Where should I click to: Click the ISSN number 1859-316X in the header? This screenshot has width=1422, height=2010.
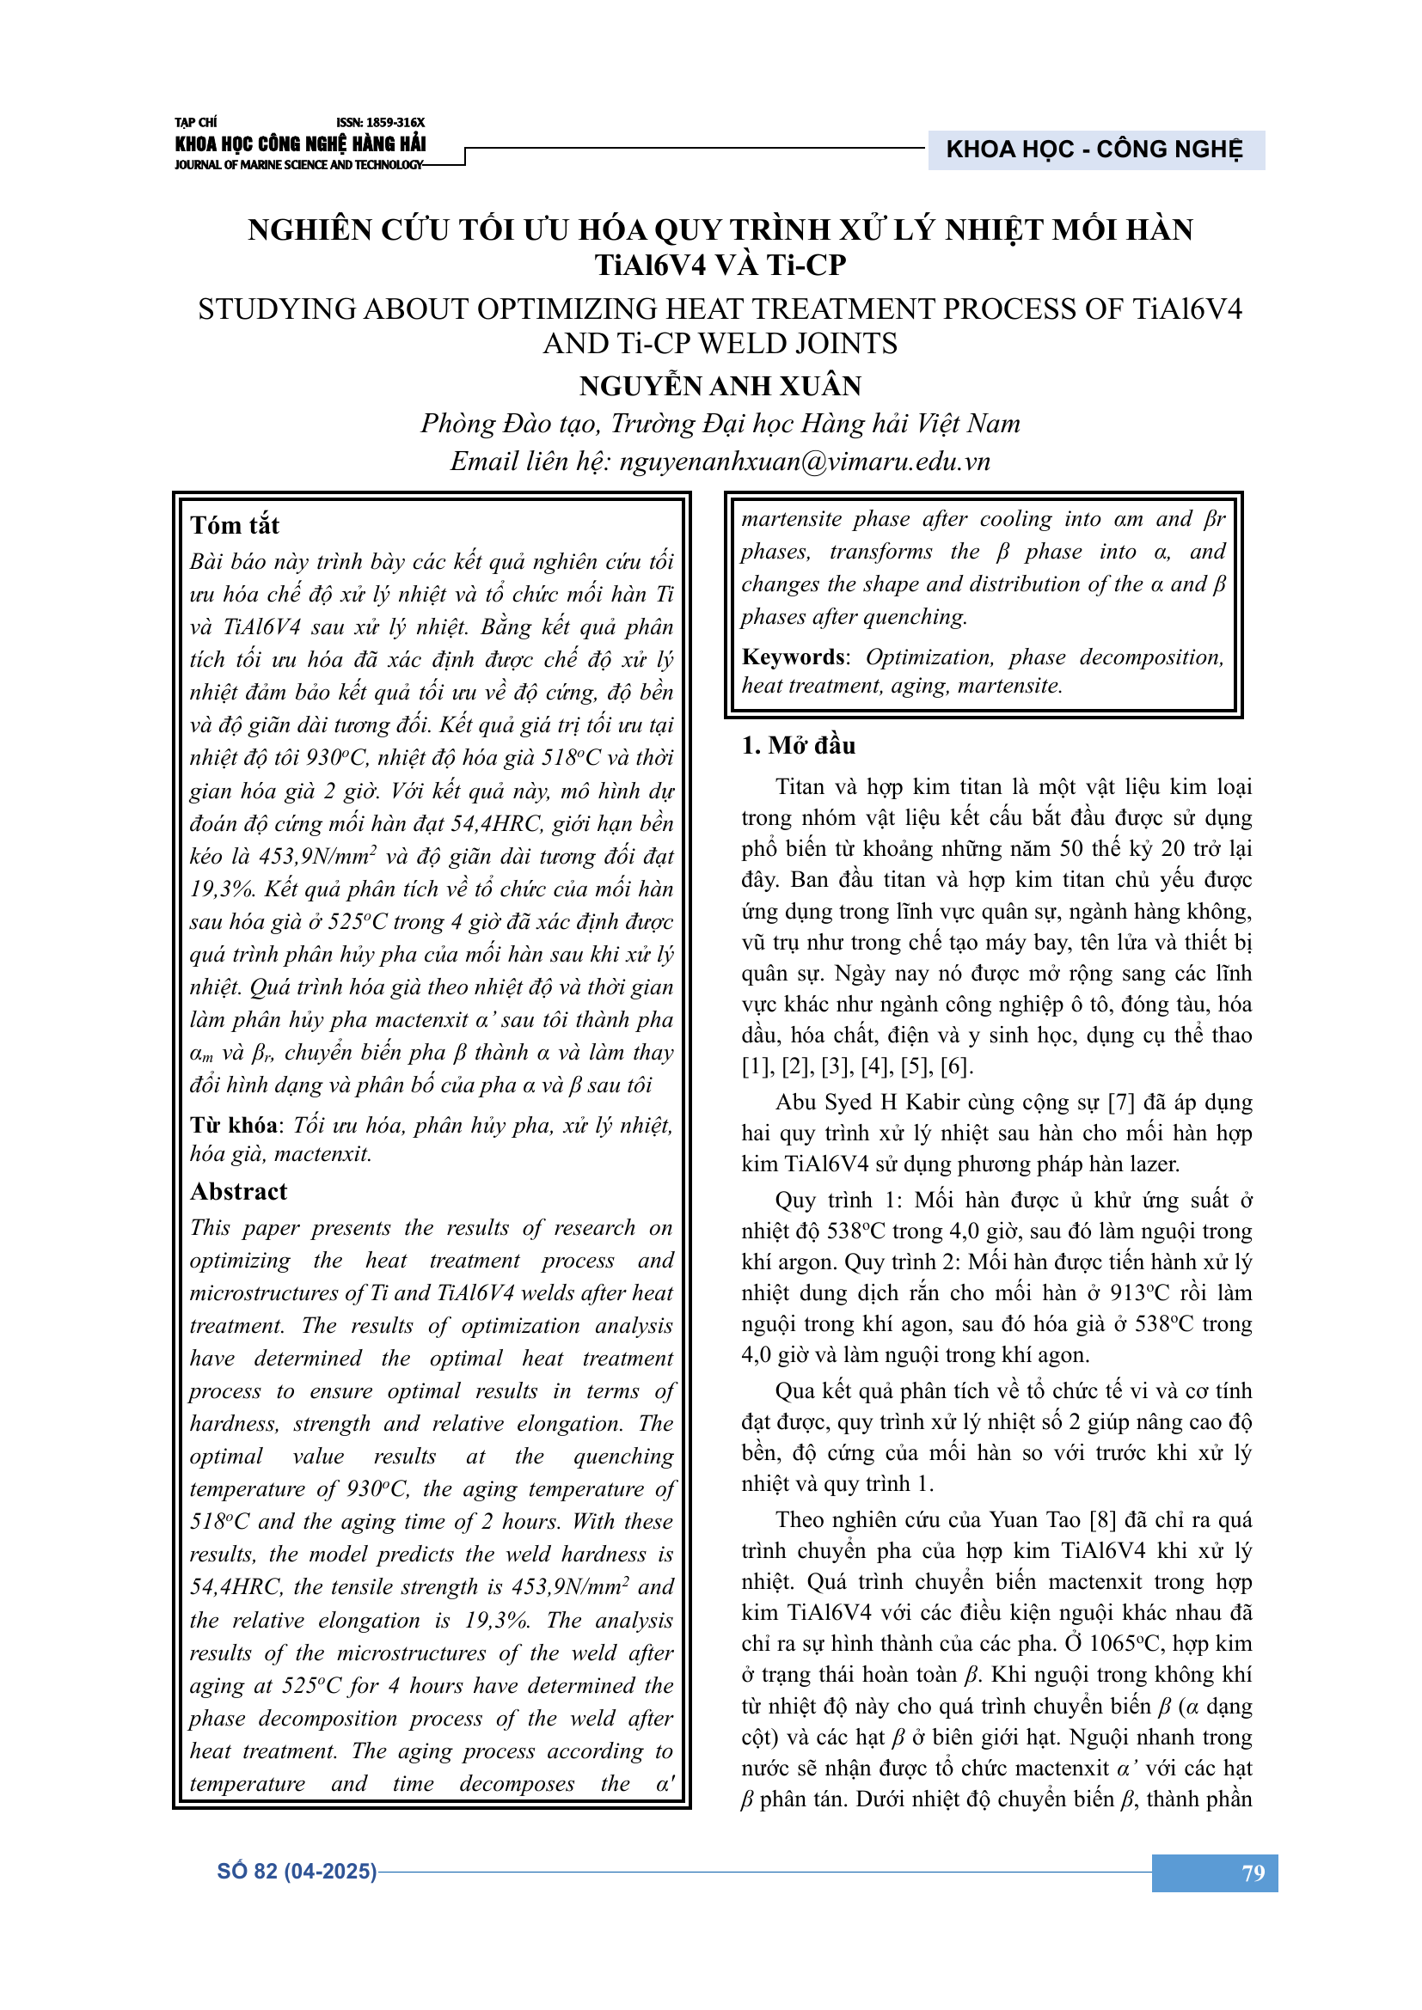coord(380,123)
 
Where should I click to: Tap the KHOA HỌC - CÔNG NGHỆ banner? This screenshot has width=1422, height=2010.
coord(1094,150)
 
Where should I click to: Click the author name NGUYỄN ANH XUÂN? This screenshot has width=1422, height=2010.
coord(720,386)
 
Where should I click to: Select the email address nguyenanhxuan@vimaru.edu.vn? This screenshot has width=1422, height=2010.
coord(805,461)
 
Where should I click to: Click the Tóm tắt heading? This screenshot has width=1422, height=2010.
coord(235,525)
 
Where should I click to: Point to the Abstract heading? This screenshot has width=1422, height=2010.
coord(239,1191)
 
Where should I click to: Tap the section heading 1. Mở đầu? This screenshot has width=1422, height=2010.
coord(798,746)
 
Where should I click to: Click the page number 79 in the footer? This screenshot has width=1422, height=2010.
coord(1253,1873)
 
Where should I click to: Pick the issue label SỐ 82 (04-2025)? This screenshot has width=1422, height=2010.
coord(297,1872)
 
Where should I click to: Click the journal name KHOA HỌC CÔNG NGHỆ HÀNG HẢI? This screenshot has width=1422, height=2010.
coord(300,144)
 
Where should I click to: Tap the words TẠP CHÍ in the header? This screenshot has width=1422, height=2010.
coord(195,123)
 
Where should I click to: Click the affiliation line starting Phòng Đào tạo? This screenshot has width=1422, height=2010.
coord(720,424)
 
